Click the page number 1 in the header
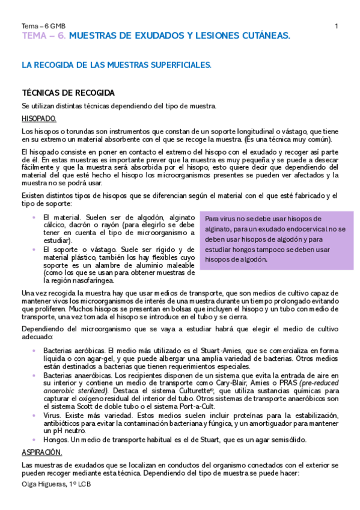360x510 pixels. point(336,26)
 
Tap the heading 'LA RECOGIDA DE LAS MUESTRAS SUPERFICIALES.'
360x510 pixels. point(116,64)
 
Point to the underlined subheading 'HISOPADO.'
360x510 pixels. point(39,118)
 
